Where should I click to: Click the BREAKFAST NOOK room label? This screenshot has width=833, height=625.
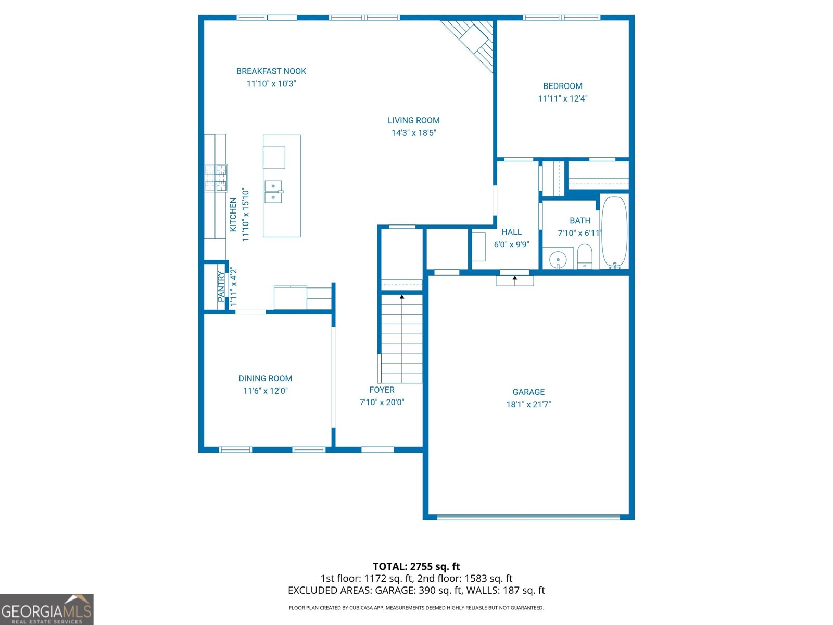(271, 71)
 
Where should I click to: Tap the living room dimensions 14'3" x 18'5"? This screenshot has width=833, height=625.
(413, 133)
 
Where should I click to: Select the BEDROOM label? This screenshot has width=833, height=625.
(562, 86)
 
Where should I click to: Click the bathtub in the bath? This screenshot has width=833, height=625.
(614, 232)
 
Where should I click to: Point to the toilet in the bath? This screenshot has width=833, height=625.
(585, 257)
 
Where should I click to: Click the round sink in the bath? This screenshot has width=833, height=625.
(558, 259)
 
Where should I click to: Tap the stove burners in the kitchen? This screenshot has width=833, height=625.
(216, 177)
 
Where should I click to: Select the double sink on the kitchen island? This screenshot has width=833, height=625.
(273, 192)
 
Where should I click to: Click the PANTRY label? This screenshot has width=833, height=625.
(221, 286)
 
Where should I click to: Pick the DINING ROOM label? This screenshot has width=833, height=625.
(265, 379)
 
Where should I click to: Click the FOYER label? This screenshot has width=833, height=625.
(382, 390)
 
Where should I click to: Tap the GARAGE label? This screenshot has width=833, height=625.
(528, 392)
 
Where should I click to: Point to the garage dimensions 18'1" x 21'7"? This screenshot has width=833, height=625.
(528, 404)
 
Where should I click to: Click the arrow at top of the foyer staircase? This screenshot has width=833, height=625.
(402, 297)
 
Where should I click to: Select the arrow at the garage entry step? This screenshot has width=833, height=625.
(515, 279)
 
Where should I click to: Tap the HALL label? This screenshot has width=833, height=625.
(511, 232)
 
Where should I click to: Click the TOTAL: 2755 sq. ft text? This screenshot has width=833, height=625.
(416, 566)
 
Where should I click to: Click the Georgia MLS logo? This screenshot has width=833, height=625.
(46, 609)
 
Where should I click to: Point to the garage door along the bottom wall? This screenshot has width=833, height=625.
(528, 517)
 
